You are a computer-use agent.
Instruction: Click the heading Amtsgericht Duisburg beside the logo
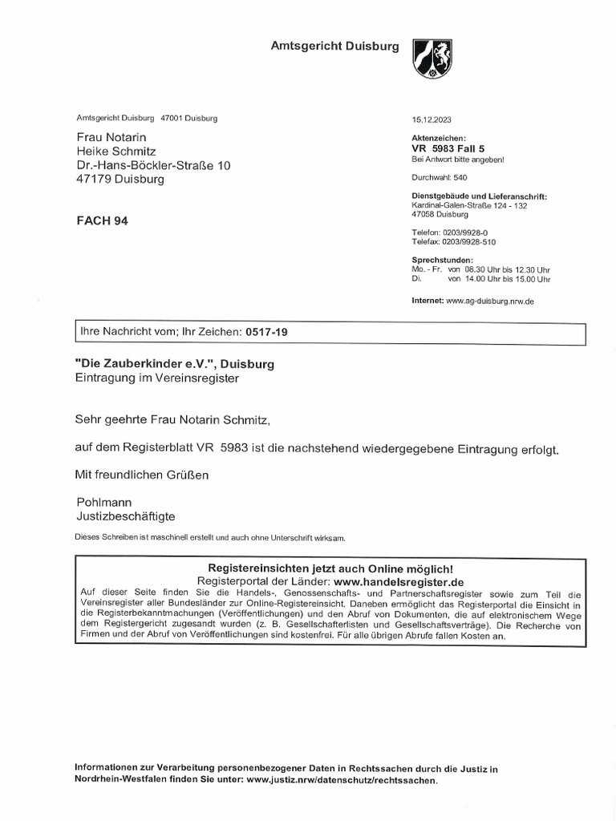point(334,47)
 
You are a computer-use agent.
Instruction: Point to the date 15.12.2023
point(432,119)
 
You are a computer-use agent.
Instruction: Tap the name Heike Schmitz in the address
point(115,151)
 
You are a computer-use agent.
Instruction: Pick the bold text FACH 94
point(101,221)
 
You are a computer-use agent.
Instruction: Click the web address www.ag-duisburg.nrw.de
point(489,301)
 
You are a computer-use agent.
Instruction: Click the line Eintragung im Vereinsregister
point(156,377)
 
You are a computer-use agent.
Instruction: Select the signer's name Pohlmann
point(103,502)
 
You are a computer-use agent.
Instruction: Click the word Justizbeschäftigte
point(125,516)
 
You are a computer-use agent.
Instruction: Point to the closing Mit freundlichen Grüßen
point(141,475)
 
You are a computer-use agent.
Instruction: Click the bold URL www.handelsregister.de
point(399,580)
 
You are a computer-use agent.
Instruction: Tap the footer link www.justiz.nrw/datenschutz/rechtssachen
point(342,779)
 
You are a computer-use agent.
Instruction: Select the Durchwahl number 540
point(460,177)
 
